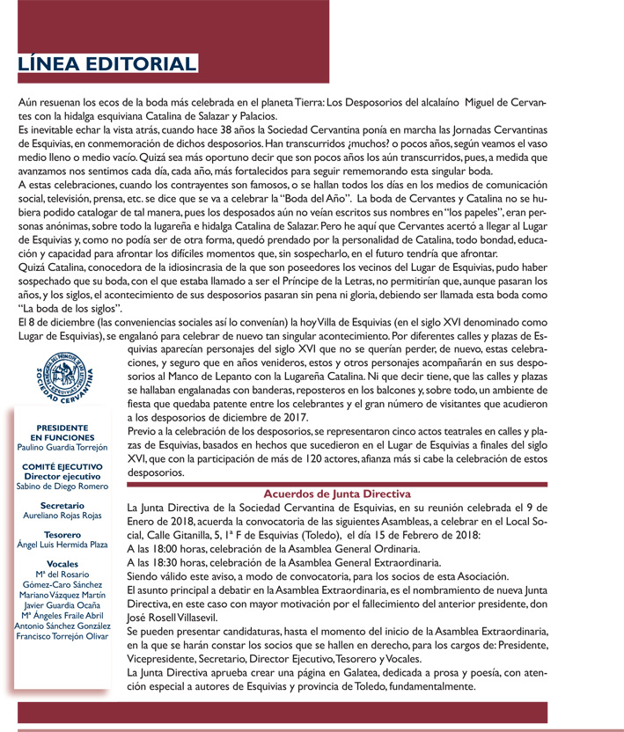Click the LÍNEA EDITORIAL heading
pos(106,64)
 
